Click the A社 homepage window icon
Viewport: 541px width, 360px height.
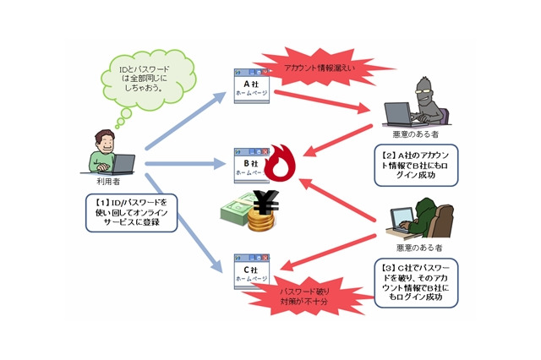pos(252,86)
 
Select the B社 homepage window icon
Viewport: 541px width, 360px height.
pos(251,166)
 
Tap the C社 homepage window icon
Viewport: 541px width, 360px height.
pos(252,272)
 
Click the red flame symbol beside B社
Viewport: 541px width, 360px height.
pos(280,163)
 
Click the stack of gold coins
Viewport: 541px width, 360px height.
pos(261,221)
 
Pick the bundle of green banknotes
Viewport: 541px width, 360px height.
pos(238,210)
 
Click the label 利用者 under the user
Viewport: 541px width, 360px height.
pos(108,182)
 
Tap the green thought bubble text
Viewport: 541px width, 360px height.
pos(145,79)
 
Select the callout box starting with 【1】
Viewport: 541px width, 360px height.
pos(132,213)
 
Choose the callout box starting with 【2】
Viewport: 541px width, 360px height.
pos(416,165)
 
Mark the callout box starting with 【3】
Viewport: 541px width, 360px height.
pos(416,283)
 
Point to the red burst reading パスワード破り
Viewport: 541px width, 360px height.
pos(304,296)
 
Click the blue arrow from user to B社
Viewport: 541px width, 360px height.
pos(186,164)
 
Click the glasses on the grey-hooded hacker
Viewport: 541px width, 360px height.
pos(424,91)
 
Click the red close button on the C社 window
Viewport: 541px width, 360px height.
pos(265,258)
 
